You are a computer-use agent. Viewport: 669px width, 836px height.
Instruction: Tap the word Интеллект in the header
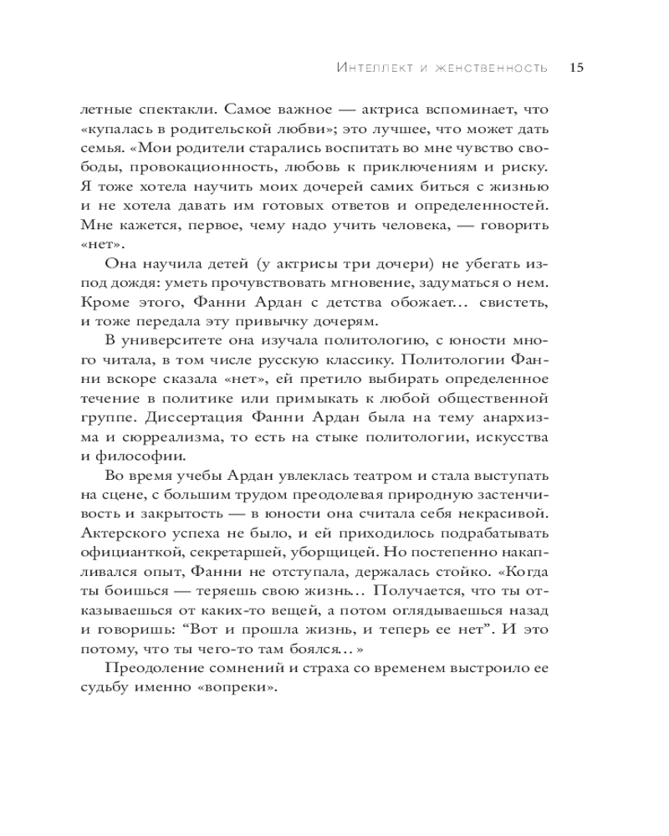tap(365, 68)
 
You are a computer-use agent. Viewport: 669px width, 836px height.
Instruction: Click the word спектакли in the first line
tap(159, 111)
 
